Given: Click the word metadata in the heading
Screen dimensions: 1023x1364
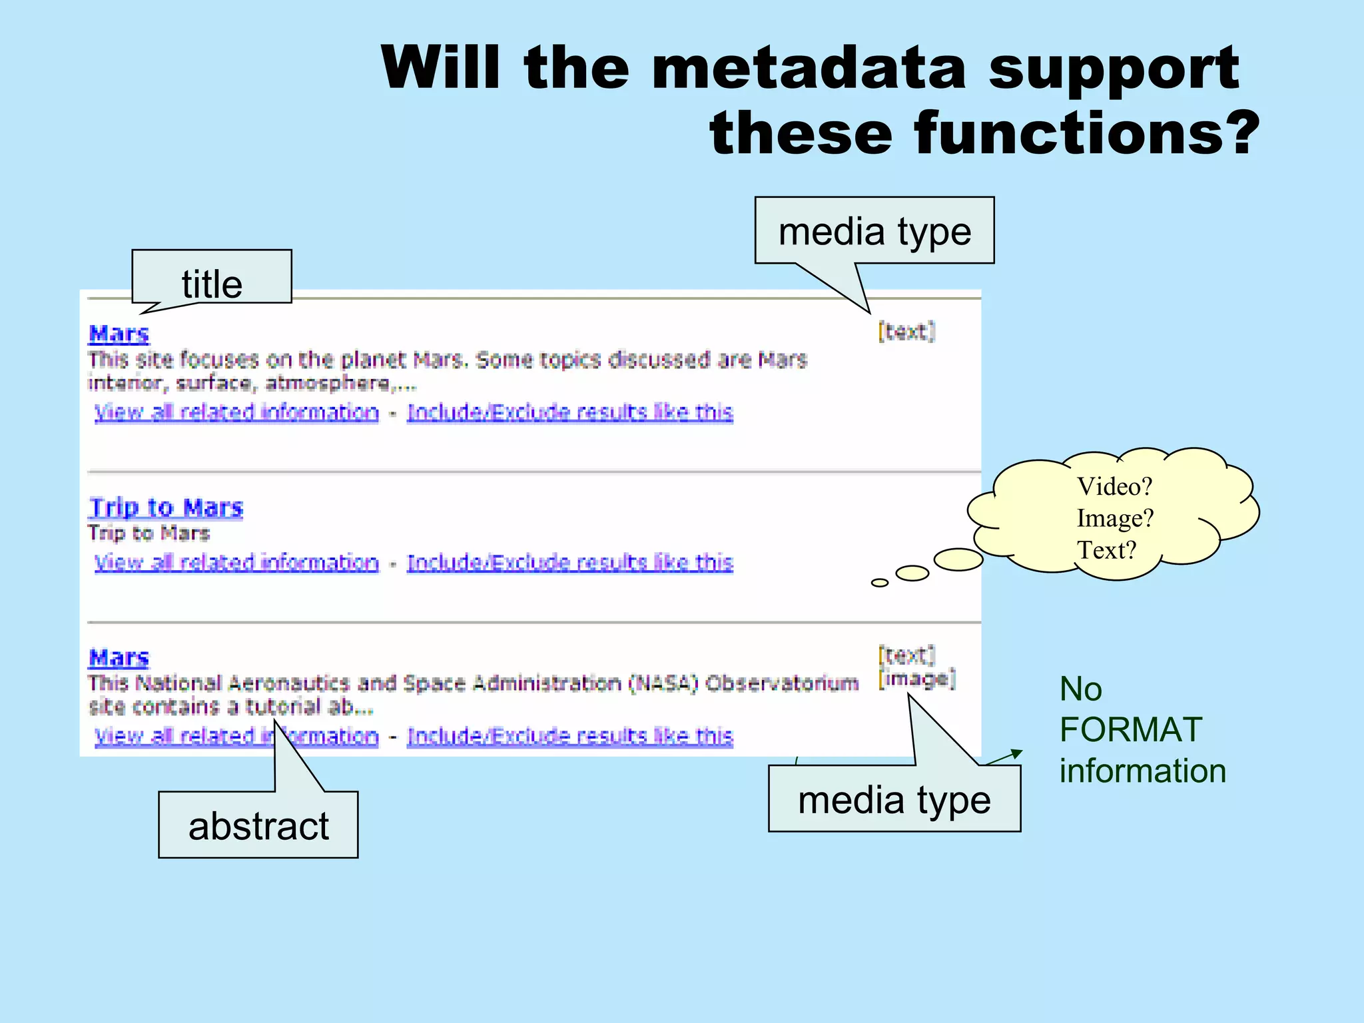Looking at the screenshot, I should pos(809,68).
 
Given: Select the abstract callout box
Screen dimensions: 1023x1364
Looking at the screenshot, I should pos(258,826).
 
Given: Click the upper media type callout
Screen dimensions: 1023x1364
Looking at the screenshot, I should pos(874,231).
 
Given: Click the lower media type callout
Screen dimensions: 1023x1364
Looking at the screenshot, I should pos(894,799).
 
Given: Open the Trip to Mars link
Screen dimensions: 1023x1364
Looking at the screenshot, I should pos(166,508).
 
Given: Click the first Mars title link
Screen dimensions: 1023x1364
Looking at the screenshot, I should pos(119,333).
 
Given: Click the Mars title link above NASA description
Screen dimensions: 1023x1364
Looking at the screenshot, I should pos(119,657).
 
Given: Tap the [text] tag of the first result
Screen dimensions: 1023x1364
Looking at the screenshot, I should pos(906,331).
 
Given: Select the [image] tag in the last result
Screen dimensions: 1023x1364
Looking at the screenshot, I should pos(917,679).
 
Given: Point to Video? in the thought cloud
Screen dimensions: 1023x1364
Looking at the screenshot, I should pos(1114,486).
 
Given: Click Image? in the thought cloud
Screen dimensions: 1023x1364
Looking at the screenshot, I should pos(1114,518).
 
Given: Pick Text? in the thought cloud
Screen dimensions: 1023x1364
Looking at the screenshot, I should pos(1106,550).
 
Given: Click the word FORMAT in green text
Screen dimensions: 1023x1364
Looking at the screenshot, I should pos(1130,730).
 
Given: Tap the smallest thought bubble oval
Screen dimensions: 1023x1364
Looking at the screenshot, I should pos(879,583).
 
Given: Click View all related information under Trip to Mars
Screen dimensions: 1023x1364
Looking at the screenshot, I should pos(236,563).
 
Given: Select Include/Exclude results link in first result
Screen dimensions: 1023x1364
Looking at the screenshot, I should pos(570,412).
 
